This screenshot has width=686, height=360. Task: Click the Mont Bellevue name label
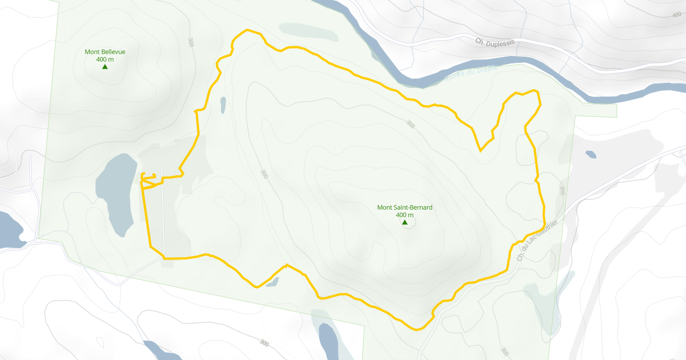click(105, 52)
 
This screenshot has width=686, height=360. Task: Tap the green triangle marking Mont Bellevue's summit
click(105, 67)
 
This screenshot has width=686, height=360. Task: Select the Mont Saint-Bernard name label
click(405, 207)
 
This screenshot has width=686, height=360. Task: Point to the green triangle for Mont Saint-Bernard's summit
click(405, 222)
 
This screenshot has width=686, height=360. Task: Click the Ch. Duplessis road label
click(495, 42)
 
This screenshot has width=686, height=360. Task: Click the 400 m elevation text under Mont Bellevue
click(105, 59)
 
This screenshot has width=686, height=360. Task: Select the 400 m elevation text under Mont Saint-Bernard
click(405, 215)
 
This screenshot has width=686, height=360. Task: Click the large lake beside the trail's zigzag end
click(117, 191)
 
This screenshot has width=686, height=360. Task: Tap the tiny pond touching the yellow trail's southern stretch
click(272, 281)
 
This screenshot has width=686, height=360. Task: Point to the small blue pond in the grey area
click(591, 154)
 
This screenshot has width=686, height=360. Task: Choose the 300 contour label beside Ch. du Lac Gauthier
click(563, 190)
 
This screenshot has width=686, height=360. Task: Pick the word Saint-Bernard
click(413, 207)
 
